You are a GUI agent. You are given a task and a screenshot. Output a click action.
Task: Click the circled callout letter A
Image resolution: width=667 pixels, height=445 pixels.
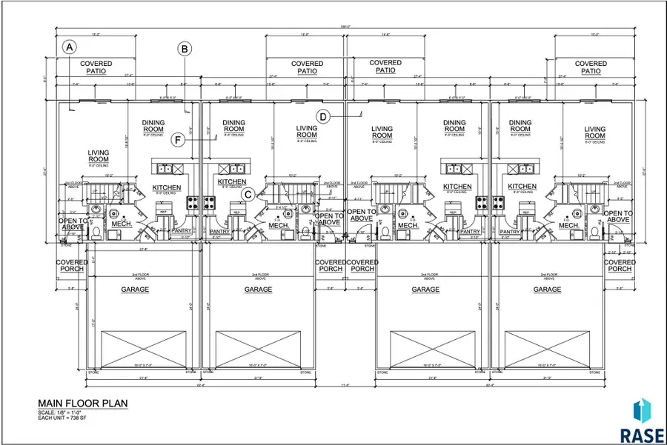(69, 47)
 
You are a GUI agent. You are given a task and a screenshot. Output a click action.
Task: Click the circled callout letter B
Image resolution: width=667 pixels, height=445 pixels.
(185, 49)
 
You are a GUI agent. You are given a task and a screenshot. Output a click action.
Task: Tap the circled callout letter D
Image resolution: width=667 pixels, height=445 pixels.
(323, 116)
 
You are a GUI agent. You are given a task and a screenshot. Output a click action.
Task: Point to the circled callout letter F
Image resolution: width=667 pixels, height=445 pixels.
(178, 139)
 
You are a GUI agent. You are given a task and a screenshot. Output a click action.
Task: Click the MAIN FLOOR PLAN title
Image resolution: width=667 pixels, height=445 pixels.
(83, 404)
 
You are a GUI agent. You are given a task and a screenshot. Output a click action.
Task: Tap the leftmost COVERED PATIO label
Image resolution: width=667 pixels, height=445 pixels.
(96, 67)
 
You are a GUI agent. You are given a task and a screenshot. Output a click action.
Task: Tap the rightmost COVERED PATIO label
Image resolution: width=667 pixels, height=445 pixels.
(591, 67)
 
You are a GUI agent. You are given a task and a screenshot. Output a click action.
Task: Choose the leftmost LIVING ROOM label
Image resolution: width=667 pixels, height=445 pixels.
(99, 157)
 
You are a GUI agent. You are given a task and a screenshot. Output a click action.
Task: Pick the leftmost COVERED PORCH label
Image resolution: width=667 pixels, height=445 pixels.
(72, 265)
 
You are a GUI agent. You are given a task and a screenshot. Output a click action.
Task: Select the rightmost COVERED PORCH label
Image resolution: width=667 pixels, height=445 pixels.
(620, 265)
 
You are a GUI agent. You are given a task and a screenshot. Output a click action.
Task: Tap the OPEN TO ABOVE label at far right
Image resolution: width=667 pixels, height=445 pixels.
(617, 216)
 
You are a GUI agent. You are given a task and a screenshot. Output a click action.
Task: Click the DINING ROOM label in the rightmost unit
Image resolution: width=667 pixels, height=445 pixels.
(520, 127)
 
